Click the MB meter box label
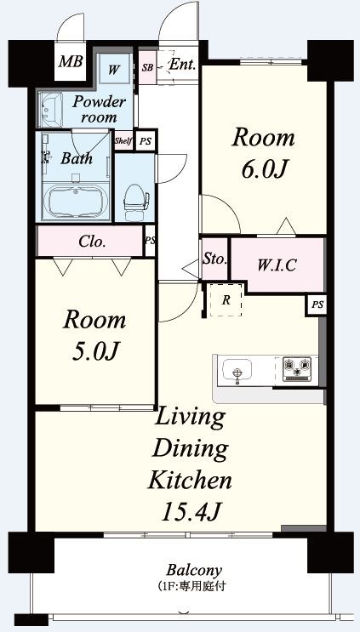[x=71, y=61]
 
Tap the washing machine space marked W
[x=115, y=69]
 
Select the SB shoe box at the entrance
[x=147, y=67]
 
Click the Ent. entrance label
[x=183, y=65]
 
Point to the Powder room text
[x=99, y=109]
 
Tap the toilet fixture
[x=136, y=201]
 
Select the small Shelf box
[x=123, y=141]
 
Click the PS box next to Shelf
[x=145, y=141]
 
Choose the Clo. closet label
[x=92, y=242]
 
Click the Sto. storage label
[x=214, y=259]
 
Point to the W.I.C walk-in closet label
[x=277, y=265]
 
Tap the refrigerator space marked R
[x=226, y=300]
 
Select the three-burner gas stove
[x=298, y=368]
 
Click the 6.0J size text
[x=264, y=169]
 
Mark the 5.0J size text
[x=94, y=351]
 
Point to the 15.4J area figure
[x=191, y=512]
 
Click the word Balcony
[x=194, y=570]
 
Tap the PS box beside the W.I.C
[x=317, y=305]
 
